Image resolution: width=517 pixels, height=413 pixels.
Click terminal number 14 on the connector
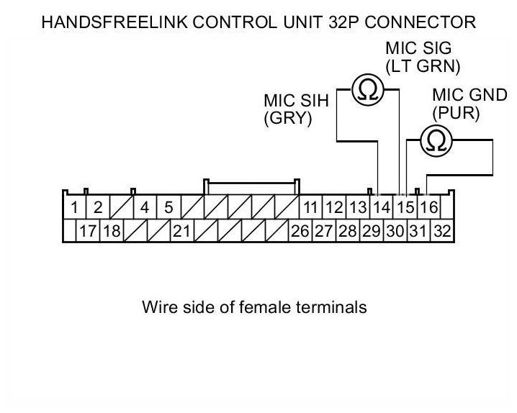tap(382, 207)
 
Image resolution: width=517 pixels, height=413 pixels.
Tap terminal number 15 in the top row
tap(405, 207)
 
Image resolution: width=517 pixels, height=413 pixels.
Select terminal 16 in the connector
tap(429, 207)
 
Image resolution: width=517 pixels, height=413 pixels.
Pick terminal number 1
tap(74, 207)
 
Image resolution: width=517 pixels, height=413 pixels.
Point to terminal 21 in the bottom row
tap(181, 231)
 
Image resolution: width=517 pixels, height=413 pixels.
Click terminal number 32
tap(442, 231)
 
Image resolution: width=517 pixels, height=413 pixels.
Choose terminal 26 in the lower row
tap(300, 231)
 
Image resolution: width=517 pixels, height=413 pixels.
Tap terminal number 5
tap(168, 207)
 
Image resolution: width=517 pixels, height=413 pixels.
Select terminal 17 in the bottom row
tap(88, 231)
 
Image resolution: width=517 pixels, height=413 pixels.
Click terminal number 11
tap(310, 207)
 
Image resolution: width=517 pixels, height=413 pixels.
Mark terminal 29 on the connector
tap(372, 231)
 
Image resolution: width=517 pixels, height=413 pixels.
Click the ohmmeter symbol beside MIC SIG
tap(368, 90)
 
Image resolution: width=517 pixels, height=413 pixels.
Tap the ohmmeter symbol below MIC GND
tap(436, 140)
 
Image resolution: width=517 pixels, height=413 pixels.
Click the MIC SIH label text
tap(297, 101)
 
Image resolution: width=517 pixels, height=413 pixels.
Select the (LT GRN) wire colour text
tap(423, 66)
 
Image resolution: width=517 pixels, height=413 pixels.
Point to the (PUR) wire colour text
tap(456, 113)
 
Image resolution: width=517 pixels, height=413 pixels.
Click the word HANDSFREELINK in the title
tap(114, 22)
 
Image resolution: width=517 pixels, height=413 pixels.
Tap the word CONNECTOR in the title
tap(420, 22)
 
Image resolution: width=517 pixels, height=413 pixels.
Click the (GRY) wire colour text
tap(288, 118)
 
